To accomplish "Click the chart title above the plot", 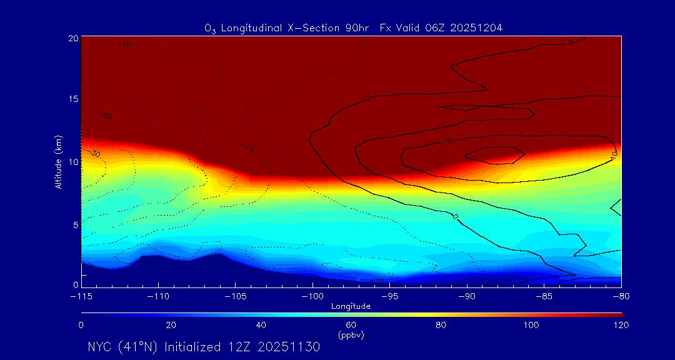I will [354, 27].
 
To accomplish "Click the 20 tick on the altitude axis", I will [73, 38].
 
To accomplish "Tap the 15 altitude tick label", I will [73, 100].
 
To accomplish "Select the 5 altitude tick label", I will [75, 224].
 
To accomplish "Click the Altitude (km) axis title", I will [58, 161].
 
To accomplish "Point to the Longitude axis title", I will [351, 306].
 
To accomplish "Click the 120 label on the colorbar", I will [621, 325].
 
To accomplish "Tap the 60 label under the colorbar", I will [351, 325].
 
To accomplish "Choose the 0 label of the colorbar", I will [81, 325].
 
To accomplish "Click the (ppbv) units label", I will [351, 335].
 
